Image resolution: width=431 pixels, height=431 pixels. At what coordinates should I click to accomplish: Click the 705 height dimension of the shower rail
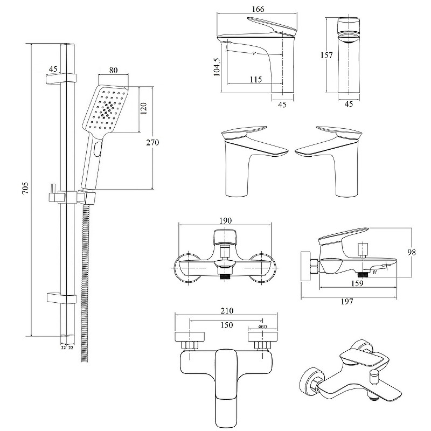(25, 187)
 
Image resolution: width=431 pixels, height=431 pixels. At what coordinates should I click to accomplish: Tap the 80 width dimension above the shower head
(113, 70)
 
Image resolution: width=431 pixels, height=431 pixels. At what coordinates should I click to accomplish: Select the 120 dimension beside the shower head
(144, 108)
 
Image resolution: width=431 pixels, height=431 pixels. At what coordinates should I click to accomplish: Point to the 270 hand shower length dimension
(152, 142)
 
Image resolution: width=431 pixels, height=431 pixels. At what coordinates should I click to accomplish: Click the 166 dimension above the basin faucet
(258, 9)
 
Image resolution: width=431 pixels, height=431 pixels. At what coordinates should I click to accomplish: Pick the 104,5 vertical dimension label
(217, 67)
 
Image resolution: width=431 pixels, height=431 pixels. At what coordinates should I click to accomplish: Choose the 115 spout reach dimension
(255, 79)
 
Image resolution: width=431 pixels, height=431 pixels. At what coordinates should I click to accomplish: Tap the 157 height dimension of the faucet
(326, 55)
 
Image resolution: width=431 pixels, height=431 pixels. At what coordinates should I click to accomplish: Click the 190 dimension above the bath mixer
(225, 221)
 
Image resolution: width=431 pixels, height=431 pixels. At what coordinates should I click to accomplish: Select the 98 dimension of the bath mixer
(412, 252)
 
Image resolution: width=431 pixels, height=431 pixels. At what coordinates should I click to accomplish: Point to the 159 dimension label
(357, 283)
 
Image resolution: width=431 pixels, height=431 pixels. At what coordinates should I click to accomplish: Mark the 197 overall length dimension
(347, 302)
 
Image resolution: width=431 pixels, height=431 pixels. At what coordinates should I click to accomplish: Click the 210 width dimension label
(227, 311)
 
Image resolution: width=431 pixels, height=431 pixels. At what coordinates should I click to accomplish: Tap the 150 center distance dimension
(226, 325)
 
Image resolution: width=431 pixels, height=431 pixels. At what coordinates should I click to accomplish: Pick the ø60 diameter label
(263, 326)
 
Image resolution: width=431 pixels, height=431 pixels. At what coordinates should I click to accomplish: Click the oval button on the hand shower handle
(97, 150)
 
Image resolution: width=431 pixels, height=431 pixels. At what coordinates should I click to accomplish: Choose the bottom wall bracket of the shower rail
(61, 298)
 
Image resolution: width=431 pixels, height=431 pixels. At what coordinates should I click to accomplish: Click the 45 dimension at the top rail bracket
(53, 68)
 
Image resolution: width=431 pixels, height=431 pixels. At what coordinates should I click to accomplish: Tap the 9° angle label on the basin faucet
(254, 53)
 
